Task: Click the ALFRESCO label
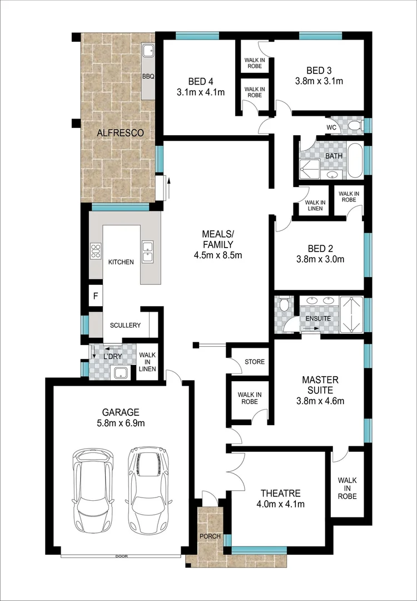pyautogui.click(x=120, y=133)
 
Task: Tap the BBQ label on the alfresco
pyautogui.click(x=148, y=77)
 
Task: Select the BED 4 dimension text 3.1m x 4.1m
pyautogui.click(x=201, y=92)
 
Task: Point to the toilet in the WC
pyautogui.click(x=356, y=125)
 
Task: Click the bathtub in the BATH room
pyautogui.click(x=355, y=160)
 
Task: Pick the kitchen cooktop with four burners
pyautogui.click(x=95, y=250)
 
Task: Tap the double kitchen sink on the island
pyautogui.click(x=148, y=252)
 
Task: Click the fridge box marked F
pyautogui.click(x=96, y=296)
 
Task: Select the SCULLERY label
pyautogui.click(x=125, y=325)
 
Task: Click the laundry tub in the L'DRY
pyautogui.click(x=121, y=372)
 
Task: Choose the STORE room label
pyautogui.click(x=255, y=362)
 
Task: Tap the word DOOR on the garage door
pyautogui.click(x=121, y=556)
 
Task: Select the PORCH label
pyautogui.click(x=210, y=536)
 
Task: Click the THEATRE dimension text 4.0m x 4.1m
pyautogui.click(x=281, y=504)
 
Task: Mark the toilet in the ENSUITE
pyautogui.click(x=284, y=305)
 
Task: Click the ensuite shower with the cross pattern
pyautogui.click(x=351, y=314)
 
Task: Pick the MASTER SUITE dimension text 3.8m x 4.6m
pyautogui.click(x=320, y=401)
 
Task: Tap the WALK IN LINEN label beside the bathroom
pyautogui.click(x=315, y=205)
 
